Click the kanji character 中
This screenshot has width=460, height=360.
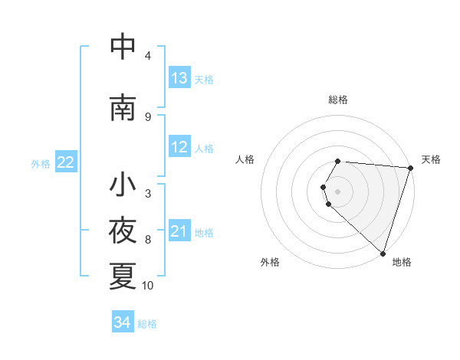(123, 47)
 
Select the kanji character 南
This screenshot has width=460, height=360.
(123, 108)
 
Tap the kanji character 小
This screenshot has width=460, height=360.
(123, 185)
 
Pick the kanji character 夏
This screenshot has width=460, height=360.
(123, 276)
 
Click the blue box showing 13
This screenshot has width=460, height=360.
(179, 78)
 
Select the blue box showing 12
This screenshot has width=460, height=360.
(179, 147)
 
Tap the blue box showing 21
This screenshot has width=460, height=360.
(179, 231)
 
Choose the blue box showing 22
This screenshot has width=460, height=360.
(66, 162)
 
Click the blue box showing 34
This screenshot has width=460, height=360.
(122, 322)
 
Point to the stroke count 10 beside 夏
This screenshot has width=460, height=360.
(148, 286)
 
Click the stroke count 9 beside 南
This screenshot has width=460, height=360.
(148, 116)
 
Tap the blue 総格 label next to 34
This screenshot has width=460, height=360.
(147, 324)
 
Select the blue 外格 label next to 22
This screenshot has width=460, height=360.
(41, 163)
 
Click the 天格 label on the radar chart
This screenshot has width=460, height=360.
(431, 159)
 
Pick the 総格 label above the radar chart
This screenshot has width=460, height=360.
(337, 100)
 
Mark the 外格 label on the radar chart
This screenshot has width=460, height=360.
(270, 262)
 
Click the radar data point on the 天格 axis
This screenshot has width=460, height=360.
(410, 168)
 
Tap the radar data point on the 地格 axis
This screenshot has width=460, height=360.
(382, 253)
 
